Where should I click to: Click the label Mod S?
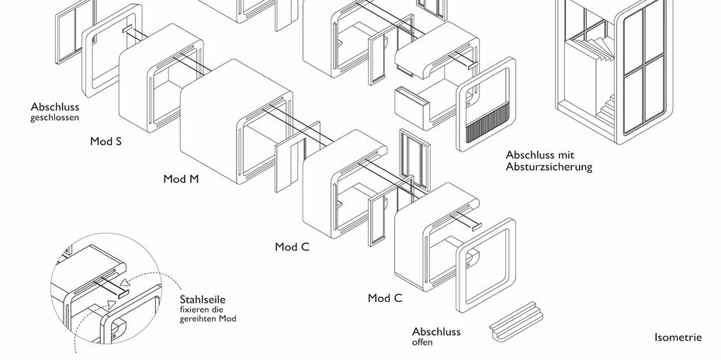[106, 143]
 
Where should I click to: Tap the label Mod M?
[181, 179]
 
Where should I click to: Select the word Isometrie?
[678, 337]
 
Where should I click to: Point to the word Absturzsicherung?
[549, 166]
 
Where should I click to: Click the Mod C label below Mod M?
[293, 247]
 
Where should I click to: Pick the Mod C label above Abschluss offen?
[385, 298]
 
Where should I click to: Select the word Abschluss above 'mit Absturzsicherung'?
[531, 154]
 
